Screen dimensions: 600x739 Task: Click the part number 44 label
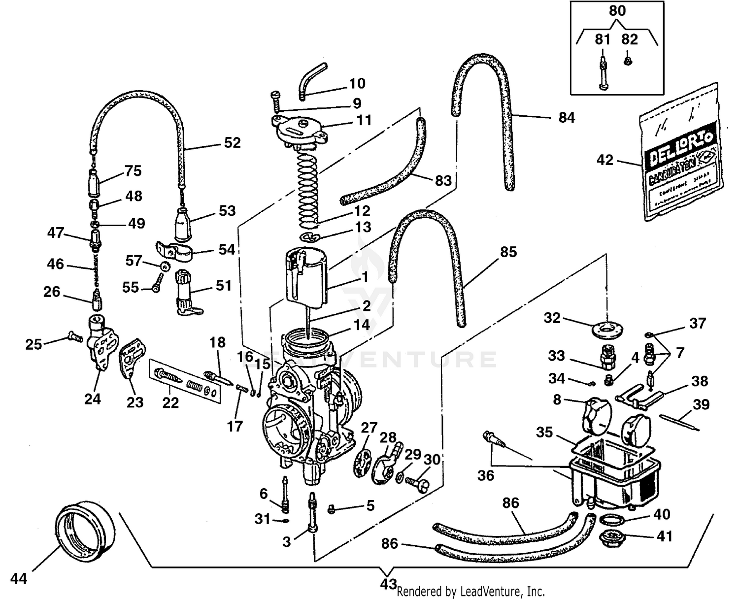pos(19,579)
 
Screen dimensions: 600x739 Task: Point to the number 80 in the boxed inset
pos(617,11)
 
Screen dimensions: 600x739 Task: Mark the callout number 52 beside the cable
pos(232,143)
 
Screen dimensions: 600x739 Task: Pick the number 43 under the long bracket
pos(388,584)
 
